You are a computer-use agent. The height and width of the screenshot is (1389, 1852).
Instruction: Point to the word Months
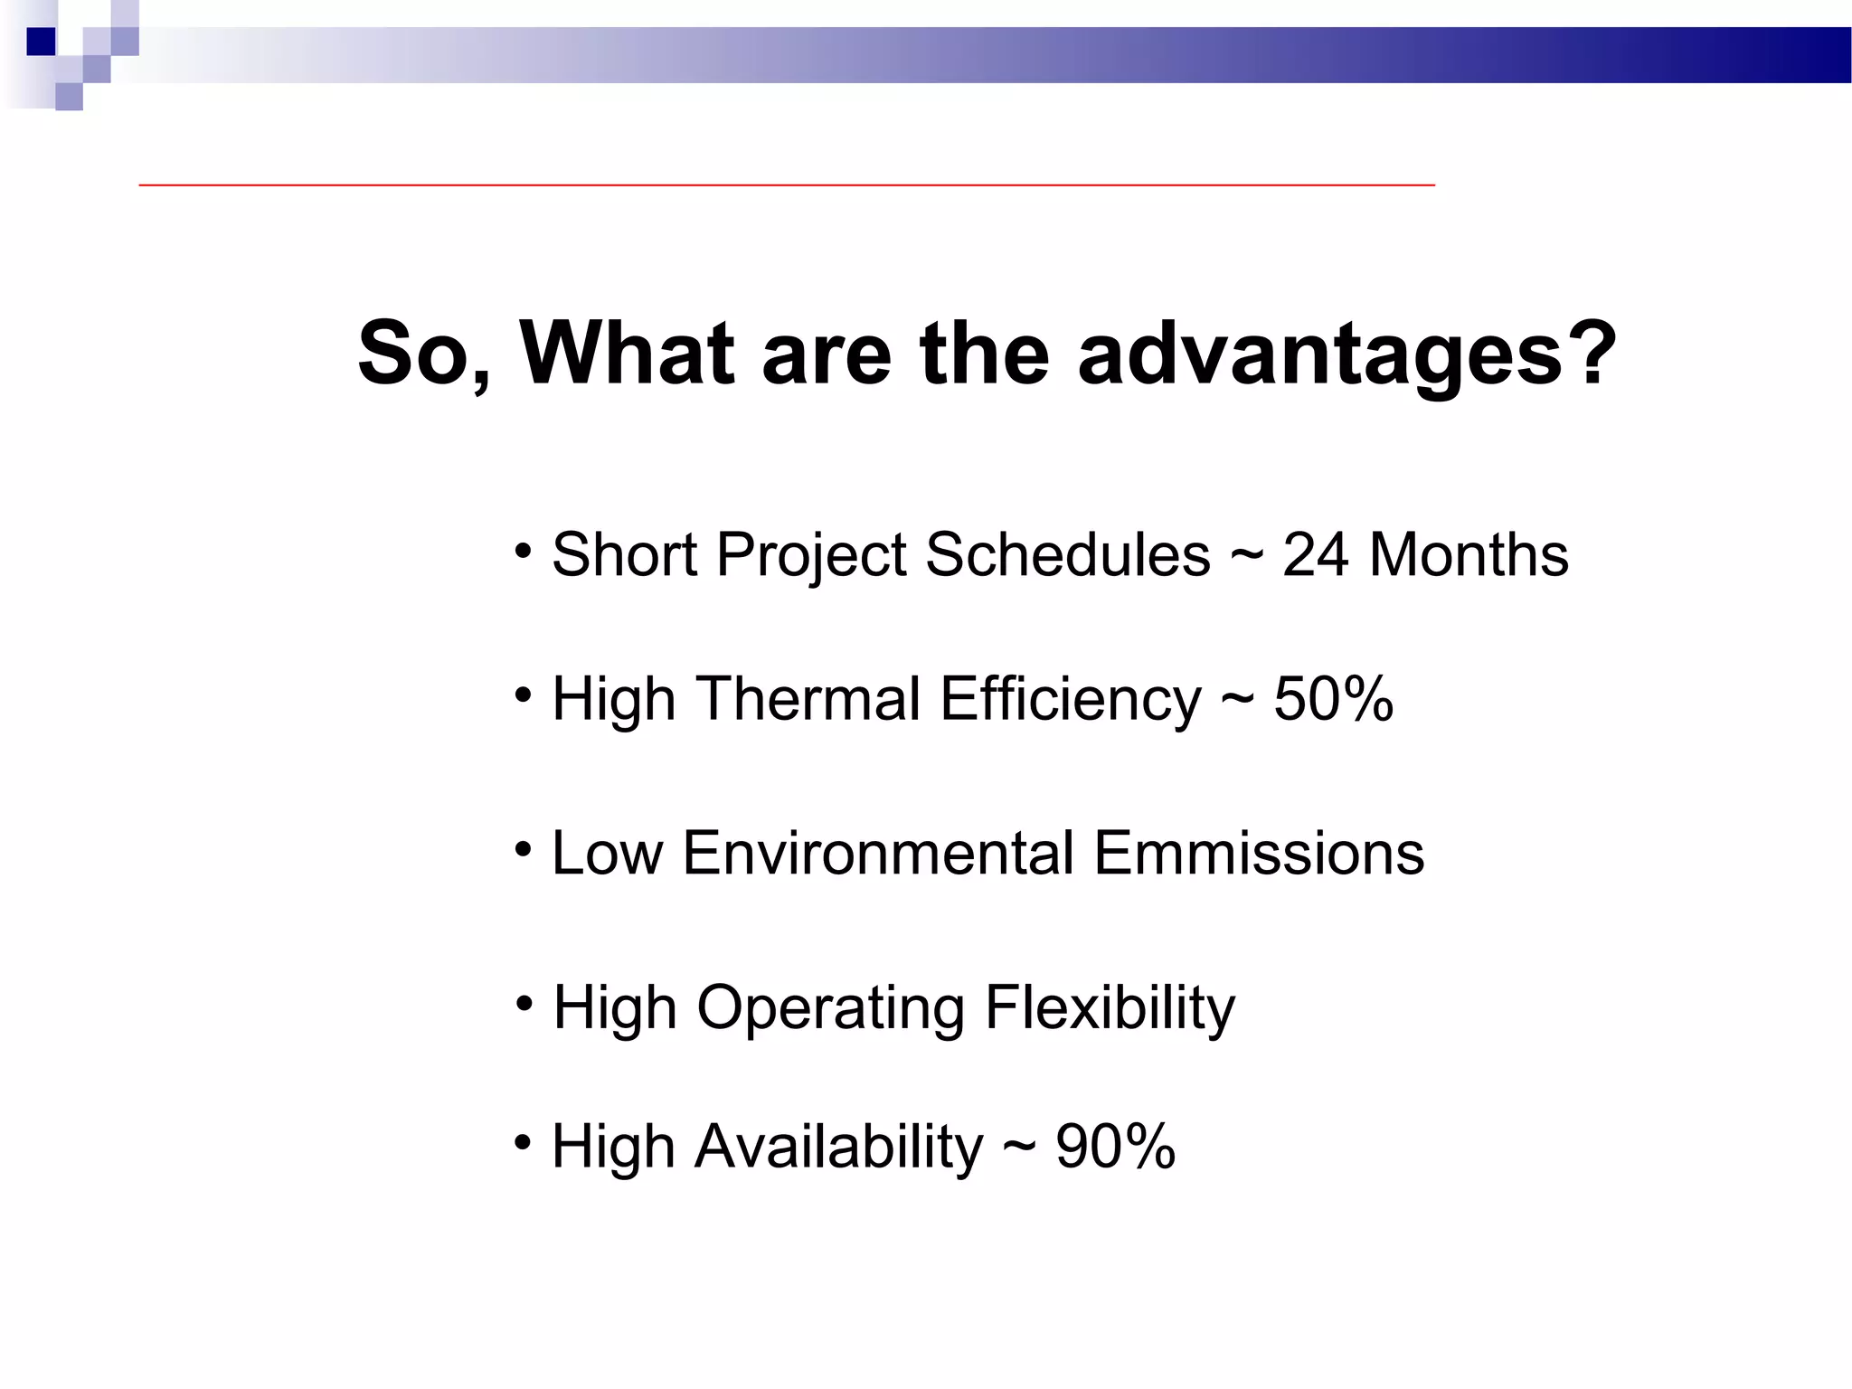(x=1469, y=554)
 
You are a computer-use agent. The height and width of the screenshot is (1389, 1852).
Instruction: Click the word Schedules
(x=1067, y=554)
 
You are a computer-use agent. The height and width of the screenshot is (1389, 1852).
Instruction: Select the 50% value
(x=1333, y=699)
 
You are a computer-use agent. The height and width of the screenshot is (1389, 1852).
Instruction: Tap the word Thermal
(x=808, y=699)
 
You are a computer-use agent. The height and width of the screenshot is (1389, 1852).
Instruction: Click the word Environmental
(x=878, y=853)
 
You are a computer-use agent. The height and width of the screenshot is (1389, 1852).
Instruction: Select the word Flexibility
(x=1110, y=1007)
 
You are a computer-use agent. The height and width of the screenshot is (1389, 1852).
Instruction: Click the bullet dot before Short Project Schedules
(x=523, y=551)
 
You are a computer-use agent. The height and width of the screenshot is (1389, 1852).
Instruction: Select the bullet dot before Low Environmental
(x=523, y=849)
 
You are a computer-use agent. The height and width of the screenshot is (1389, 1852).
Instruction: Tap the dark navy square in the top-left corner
(x=42, y=42)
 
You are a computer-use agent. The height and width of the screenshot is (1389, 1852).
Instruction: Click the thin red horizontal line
(x=787, y=184)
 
